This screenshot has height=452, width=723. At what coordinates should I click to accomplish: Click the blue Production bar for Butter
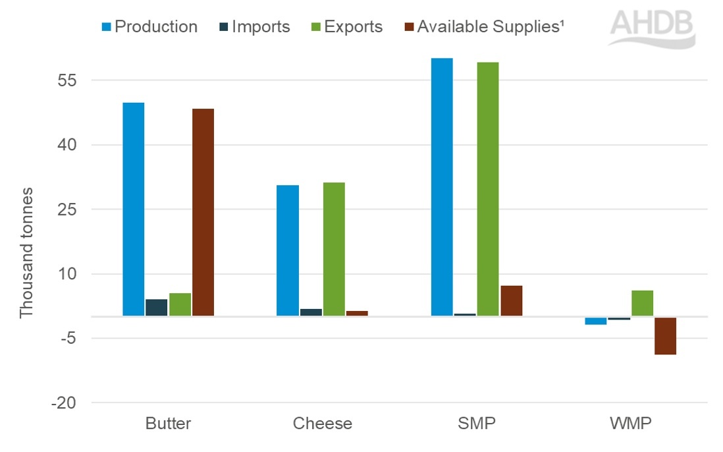coord(133,209)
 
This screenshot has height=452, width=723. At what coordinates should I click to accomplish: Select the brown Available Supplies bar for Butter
coord(203,212)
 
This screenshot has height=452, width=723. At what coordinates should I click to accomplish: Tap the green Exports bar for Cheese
coord(334,249)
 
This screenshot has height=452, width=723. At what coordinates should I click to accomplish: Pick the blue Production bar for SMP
coord(442,187)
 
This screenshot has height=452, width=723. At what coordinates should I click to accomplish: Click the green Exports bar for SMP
coord(488,189)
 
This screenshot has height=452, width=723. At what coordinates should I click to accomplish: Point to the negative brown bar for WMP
coord(665,336)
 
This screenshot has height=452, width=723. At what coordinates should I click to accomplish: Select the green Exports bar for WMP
coord(642,303)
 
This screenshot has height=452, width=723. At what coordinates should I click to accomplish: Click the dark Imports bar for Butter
coord(156,308)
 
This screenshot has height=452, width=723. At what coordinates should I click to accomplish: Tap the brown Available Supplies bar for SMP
coord(511,300)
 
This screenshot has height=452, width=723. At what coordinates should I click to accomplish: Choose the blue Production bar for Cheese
coord(288,250)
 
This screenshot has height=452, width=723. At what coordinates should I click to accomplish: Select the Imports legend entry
coord(253,27)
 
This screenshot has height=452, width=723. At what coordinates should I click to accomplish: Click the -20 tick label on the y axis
coord(64,403)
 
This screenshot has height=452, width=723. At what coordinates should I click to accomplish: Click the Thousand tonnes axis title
coord(26,252)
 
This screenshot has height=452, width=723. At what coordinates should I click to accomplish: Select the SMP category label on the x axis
coord(477,423)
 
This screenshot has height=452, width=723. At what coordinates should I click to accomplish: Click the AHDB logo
coord(651,28)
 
